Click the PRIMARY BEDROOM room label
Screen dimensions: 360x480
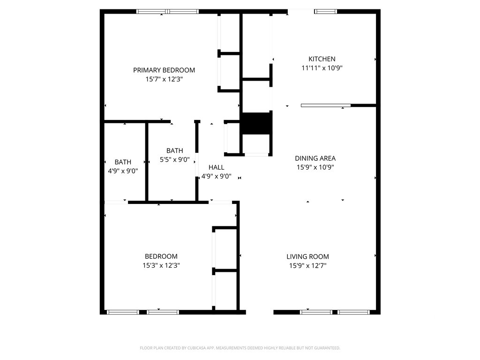(164, 70)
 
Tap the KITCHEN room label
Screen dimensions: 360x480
(322, 59)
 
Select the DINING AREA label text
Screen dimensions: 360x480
(315, 158)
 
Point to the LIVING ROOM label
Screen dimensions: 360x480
(307, 257)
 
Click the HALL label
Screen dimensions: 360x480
(216, 167)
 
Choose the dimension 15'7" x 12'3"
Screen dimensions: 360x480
(164, 80)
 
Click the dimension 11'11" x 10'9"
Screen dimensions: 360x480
(322, 68)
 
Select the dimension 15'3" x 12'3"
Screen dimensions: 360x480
(161, 265)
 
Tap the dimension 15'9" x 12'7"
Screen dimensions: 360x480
(307, 266)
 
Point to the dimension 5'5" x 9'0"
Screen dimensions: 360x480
(174, 159)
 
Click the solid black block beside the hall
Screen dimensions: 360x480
(256, 123)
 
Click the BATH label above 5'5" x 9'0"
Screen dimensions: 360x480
(174, 150)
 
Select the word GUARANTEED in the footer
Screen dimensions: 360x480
(326, 348)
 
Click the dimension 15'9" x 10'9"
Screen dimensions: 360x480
(315, 167)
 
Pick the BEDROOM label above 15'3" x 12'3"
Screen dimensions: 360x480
(161, 256)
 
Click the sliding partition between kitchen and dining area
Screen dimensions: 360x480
(325, 105)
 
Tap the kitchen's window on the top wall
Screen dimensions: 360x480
(325, 11)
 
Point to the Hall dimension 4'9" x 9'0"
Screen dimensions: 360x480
(216, 177)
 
